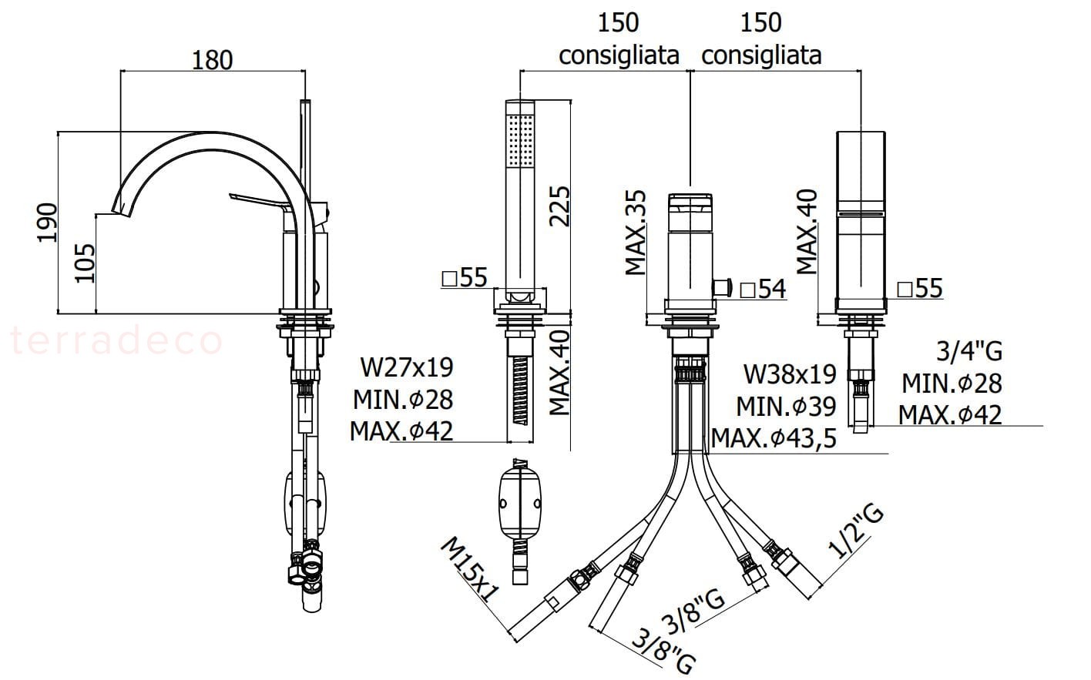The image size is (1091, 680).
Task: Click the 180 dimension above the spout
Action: (x=212, y=59)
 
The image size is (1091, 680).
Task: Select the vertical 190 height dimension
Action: (x=48, y=222)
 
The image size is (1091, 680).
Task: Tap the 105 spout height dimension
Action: (x=85, y=263)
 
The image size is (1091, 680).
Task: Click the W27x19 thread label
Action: (x=407, y=367)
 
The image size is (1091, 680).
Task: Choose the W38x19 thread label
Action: (x=790, y=374)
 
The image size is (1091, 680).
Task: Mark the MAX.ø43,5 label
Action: (x=774, y=438)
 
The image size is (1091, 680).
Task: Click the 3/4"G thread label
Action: (x=969, y=351)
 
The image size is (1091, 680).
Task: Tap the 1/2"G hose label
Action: (x=856, y=532)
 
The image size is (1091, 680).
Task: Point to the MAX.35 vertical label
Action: (x=636, y=233)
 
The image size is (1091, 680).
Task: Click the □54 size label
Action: (x=762, y=289)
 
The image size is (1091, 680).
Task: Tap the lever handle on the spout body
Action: (x=259, y=201)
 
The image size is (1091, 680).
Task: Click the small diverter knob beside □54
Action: (x=721, y=287)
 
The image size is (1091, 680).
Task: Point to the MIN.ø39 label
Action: (x=786, y=406)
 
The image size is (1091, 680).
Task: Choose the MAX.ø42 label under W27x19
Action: (x=401, y=430)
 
